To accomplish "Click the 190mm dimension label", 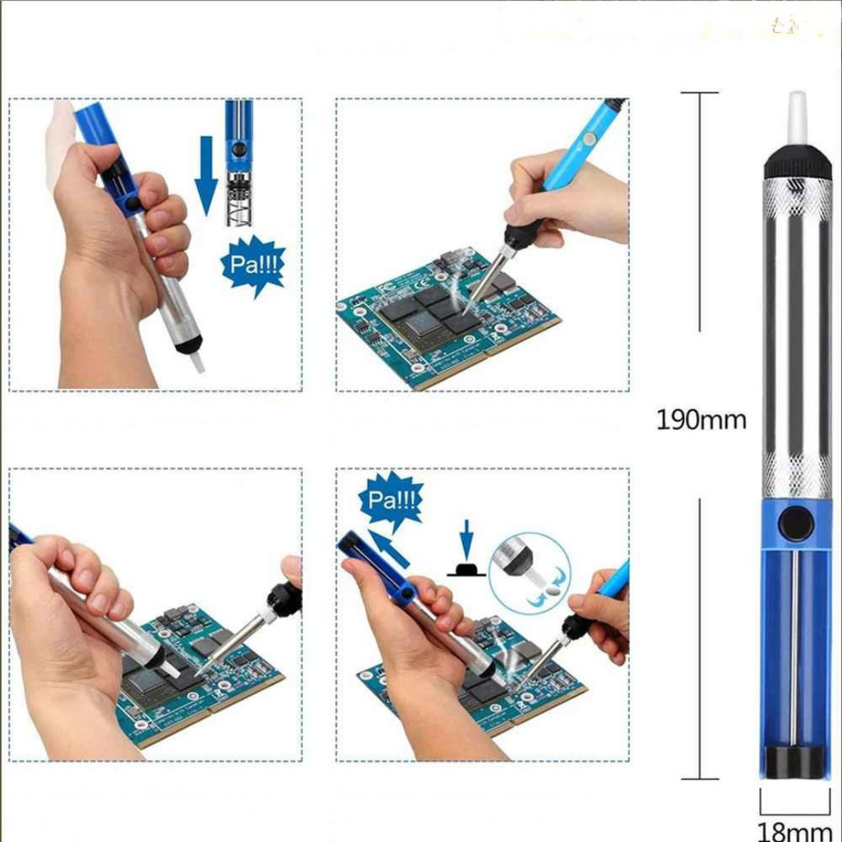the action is (x=701, y=419).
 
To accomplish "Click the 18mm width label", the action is (x=795, y=830).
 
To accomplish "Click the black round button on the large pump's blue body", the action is (x=795, y=524).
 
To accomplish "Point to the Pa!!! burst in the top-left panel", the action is (x=253, y=265).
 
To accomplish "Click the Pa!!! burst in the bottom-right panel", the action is (x=391, y=501).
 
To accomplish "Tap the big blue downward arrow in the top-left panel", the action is (x=206, y=175).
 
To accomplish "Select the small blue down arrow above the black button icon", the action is (x=467, y=539).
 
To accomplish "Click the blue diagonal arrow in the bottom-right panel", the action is (x=389, y=548).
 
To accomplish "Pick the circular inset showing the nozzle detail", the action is (x=530, y=573).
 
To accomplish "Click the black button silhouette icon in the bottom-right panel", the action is (x=466, y=569).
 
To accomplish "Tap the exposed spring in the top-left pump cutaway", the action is (x=238, y=199).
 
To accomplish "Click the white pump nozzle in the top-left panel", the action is (x=197, y=361).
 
